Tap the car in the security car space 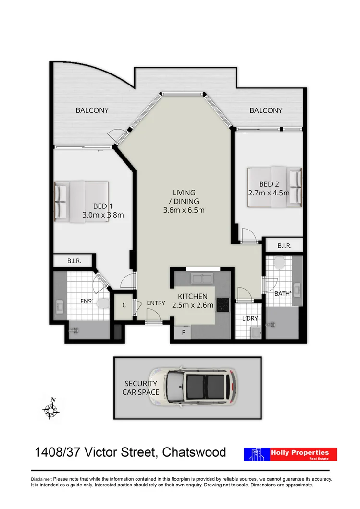point(193,387)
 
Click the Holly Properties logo point(290,454)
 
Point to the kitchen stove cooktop point(223,304)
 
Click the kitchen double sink point(203,278)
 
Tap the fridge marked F point(183,333)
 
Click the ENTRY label point(156,303)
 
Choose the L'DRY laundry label point(249,318)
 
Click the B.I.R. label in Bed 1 point(74,261)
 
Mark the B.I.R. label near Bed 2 point(284,245)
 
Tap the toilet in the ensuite point(101,303)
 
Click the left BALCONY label point(92,110)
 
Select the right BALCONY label point(266,110)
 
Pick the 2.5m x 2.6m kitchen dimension point(192,305)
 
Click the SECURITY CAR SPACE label point(141,388)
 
